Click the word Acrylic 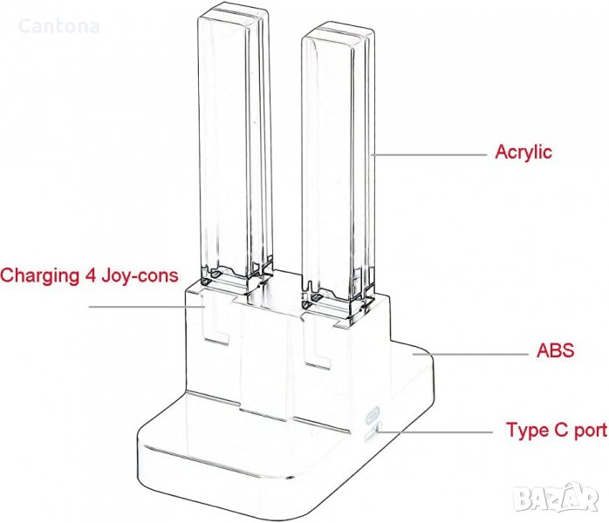[x=523, y=152]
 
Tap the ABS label [x=555, y=352]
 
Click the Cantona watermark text [x=58, y=26]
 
